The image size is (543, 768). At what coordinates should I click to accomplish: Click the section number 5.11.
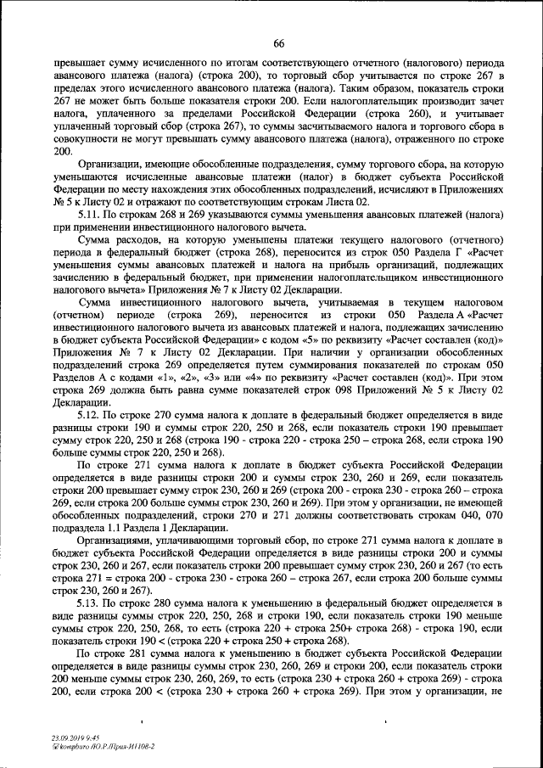(x=88, y=216)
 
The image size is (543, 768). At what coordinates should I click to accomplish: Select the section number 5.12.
(x=88, y=415)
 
